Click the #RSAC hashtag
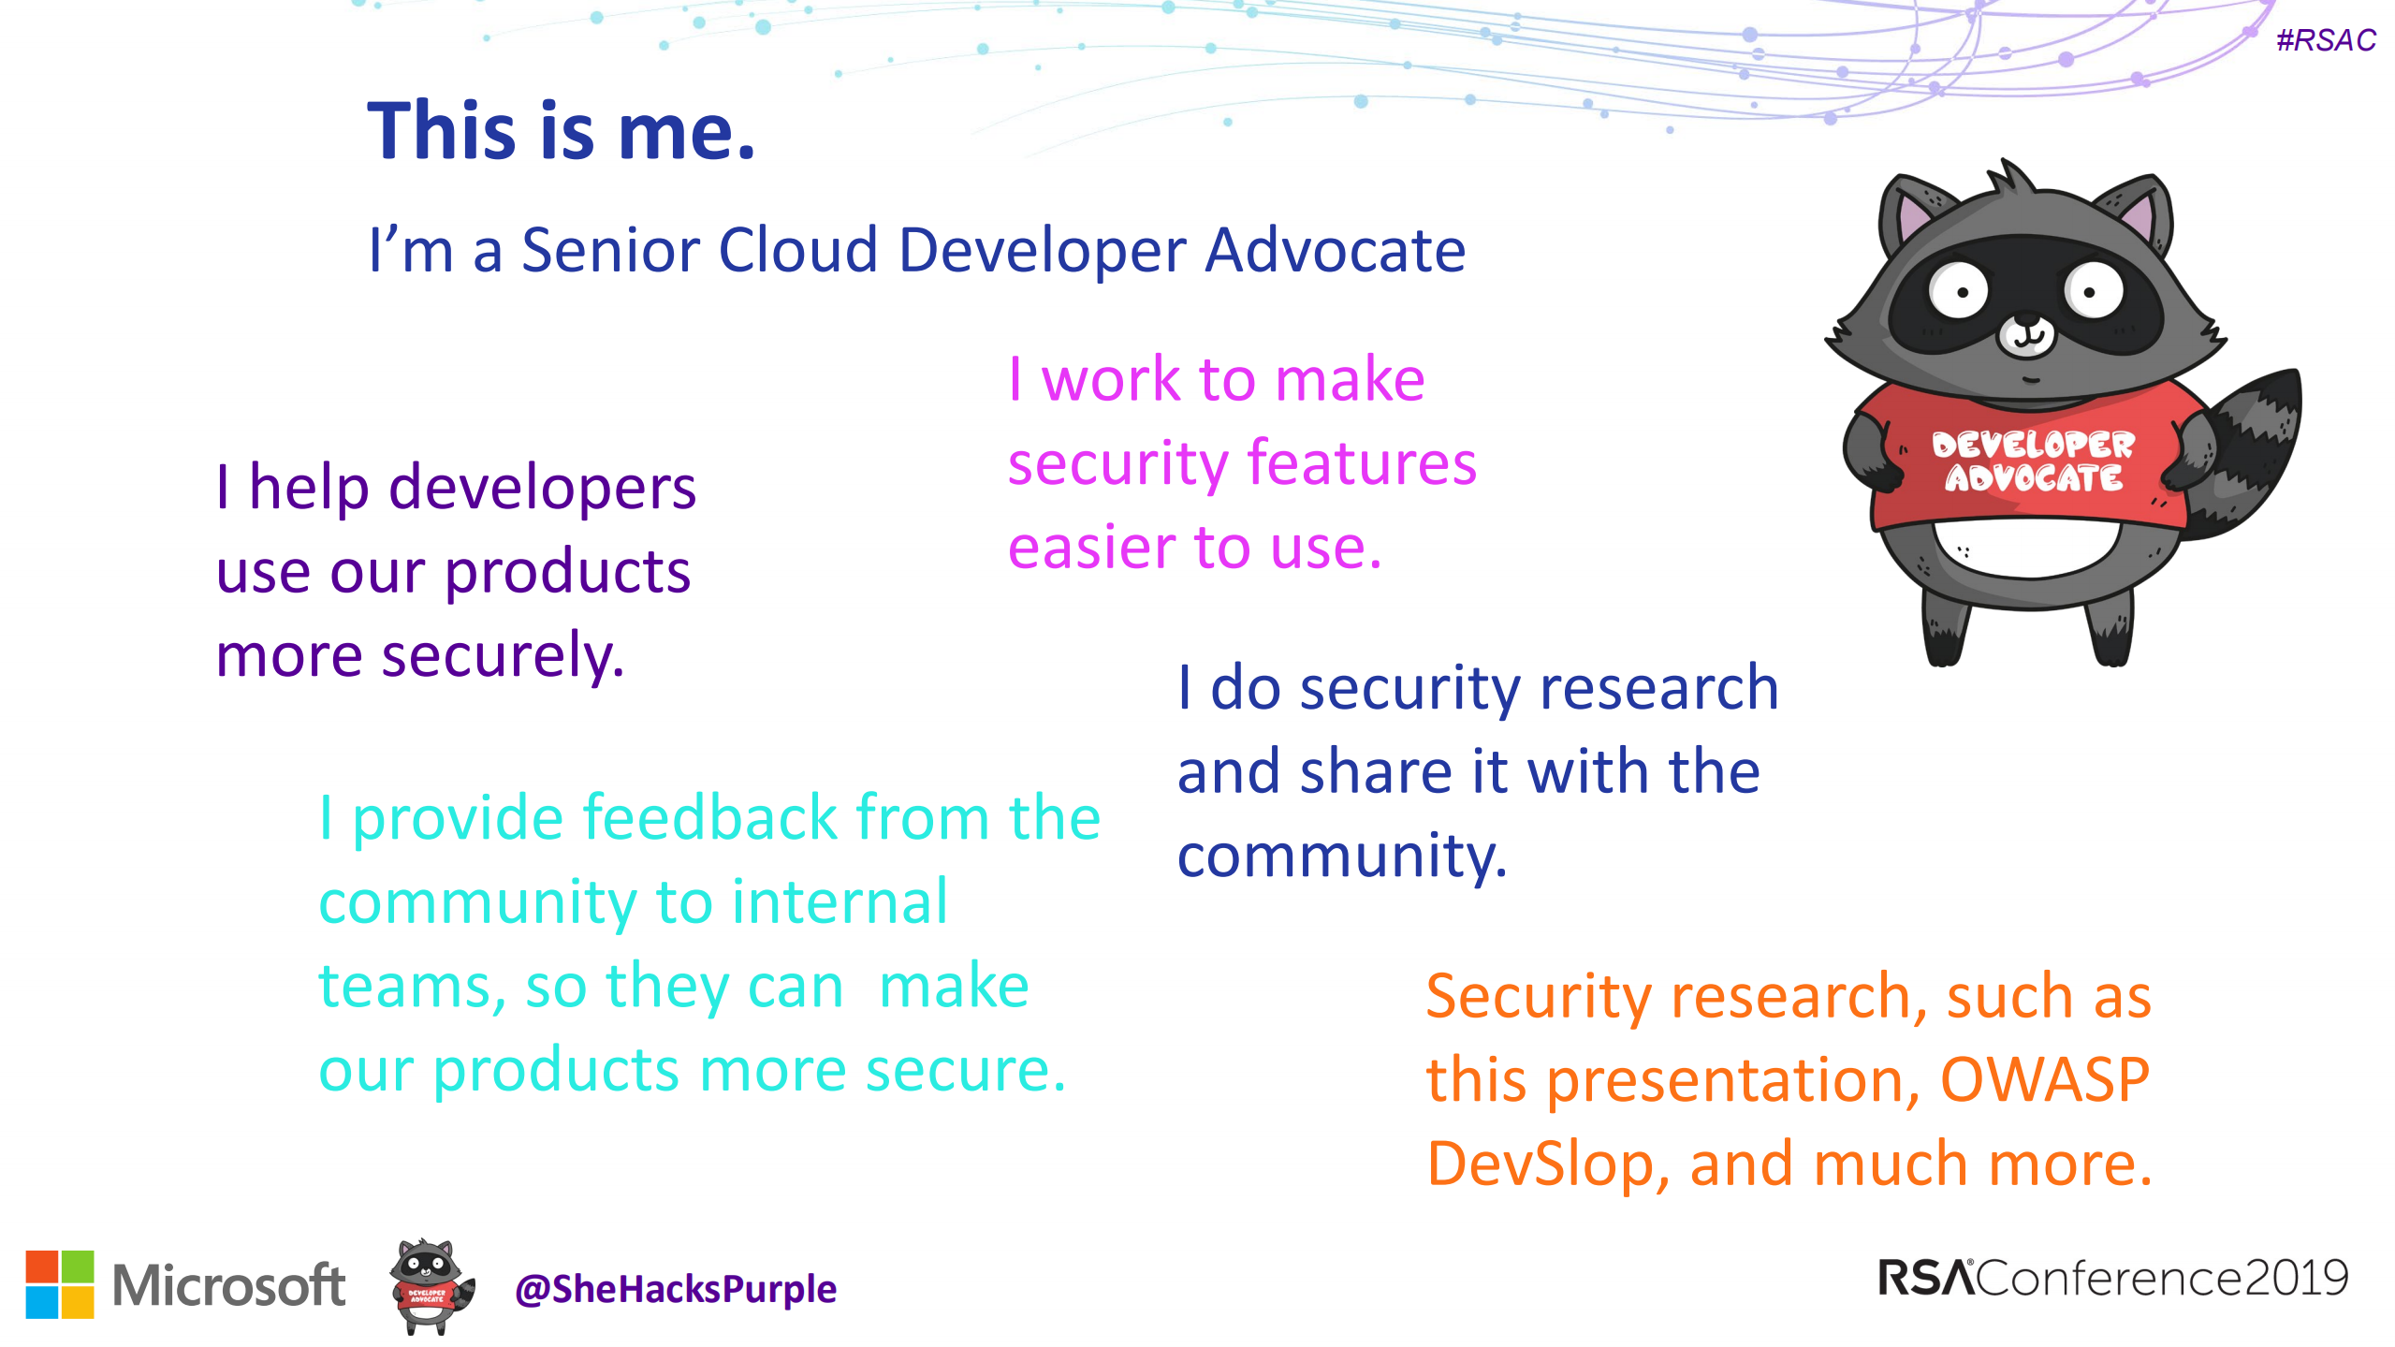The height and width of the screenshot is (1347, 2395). pos(2326,40)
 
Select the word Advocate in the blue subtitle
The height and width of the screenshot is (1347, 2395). pos(1335,251)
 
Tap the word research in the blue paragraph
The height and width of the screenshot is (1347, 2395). pos(1658,688)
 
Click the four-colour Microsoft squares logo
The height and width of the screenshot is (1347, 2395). pos(60,1284)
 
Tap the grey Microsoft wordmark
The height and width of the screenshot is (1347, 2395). pos(228,1285)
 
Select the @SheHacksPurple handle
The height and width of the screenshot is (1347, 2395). pos(675,1290)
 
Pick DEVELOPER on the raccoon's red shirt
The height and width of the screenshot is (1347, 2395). pos(2033,444)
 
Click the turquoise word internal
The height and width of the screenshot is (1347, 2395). pos(840,901)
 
